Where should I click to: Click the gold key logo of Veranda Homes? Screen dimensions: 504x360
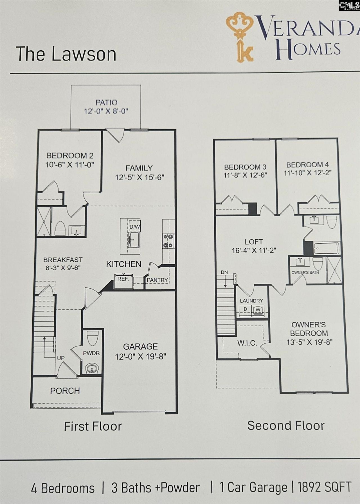[240, 37]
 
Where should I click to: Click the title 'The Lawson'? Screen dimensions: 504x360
[66, 54]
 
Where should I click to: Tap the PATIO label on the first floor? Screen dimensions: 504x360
[106, 103]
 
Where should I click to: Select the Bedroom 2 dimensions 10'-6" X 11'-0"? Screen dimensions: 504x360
[70, 165]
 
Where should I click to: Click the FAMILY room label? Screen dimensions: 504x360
[139, 168]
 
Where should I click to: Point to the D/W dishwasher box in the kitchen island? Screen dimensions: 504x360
[134, 227]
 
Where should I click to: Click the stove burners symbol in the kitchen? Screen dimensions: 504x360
[168, 241]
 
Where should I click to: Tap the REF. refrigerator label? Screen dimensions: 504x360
[123, 279]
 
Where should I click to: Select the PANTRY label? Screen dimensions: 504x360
[157, 280]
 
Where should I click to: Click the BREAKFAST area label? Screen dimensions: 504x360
[63, 260]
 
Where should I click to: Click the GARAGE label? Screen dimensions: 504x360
[140, 346]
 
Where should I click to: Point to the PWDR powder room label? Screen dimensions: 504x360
[91, 353]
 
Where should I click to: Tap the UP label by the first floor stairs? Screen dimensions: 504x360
[61, 358]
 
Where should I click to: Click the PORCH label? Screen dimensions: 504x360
[65, 391]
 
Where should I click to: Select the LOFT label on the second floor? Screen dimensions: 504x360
[254, 242]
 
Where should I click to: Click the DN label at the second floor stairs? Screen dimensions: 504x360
[224, 272]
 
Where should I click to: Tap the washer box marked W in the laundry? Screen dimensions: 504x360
[258, 310]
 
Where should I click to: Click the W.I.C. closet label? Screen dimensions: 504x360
[247, 343]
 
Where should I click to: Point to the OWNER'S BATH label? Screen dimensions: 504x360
[305, 273]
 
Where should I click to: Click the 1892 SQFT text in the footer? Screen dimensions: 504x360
[324, 487]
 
